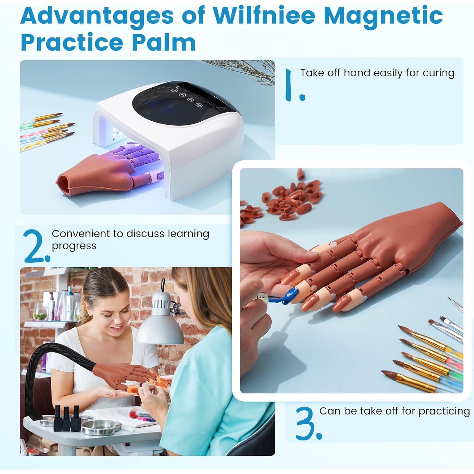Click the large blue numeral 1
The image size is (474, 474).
pyautogui.click(x=290, y=85)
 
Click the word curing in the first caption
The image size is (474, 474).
pyautogui.click(x=438, y=73)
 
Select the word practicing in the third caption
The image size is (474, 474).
pyautogui.click(x=444, y=411)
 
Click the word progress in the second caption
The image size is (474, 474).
pyautogui.click(x=74, y=246)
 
